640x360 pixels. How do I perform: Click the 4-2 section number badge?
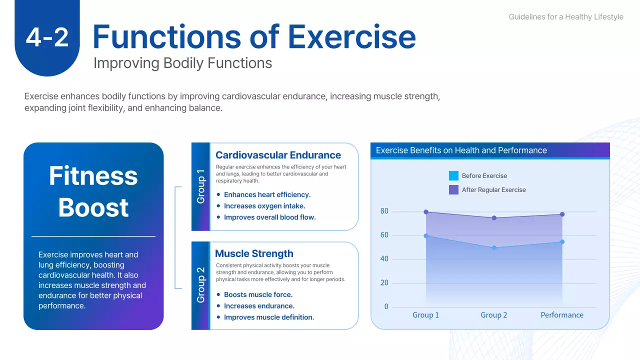tap(47, 37)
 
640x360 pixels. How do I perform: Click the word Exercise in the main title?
tap(351, 36)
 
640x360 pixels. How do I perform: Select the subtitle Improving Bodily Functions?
tap(182, 63)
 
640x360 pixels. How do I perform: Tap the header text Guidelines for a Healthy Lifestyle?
tap(566, 17)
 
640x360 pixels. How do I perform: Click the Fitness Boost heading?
tap(93, 191)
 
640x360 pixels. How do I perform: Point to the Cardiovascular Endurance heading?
tap(278, 155)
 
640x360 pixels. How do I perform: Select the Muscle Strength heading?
tap(254, 253)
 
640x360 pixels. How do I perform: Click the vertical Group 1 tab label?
tap(200, 186)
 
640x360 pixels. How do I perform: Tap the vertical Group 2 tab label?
tap(200, 285)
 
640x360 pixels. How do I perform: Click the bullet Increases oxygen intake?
tap(264, 206)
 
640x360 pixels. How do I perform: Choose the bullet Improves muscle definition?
tap(269, 317)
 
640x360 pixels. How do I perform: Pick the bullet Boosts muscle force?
tap(258, 294)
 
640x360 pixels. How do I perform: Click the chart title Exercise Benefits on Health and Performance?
tap(461, 150)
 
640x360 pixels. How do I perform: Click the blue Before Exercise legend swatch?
tap(453, 175)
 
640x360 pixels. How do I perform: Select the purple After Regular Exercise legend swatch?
tap(453, 189)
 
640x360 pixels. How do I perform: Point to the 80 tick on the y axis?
tap(384, 211)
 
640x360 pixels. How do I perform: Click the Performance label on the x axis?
tap(562, 315)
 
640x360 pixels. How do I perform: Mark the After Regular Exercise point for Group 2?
tap(494, 218)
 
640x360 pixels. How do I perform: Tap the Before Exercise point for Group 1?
tap(426, 236)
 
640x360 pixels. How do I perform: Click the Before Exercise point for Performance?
tap(562, 242)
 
